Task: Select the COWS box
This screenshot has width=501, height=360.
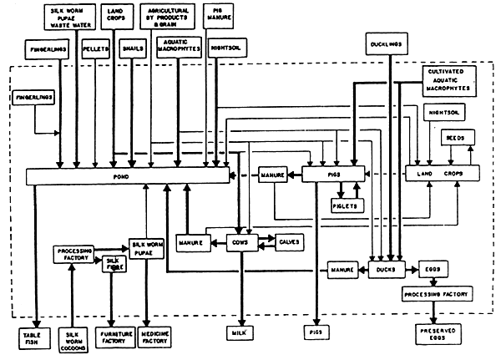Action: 241,242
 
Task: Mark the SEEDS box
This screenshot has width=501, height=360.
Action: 455,136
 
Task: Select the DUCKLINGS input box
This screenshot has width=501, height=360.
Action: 384,41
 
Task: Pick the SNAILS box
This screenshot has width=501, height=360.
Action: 133,49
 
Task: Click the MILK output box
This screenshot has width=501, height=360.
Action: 240,333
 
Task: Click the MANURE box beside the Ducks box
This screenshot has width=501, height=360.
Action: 342,269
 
